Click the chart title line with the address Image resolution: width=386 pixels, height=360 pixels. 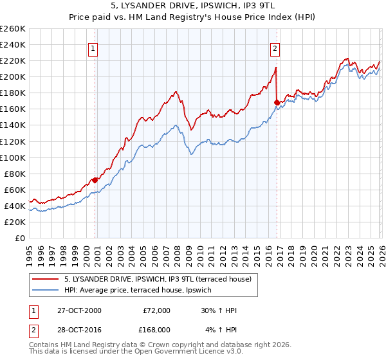192,8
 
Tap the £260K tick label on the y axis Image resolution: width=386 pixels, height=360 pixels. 13,29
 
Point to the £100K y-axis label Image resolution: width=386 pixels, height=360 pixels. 13,157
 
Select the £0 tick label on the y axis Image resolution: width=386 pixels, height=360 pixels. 21,238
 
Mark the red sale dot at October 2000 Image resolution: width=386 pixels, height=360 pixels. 95,180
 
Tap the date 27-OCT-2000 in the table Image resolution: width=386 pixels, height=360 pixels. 79,310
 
